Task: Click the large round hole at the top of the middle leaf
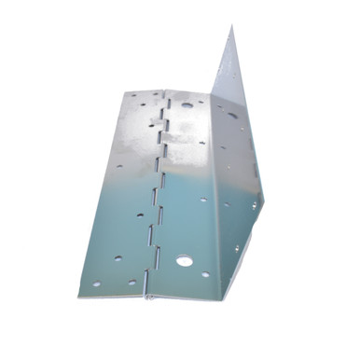[187, 105]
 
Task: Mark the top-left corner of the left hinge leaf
[121, 91]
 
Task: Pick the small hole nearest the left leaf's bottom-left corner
[96, 284]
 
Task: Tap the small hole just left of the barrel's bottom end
[132, 281]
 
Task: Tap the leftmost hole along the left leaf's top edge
[132, 95]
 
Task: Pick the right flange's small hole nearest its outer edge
[252, 204]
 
